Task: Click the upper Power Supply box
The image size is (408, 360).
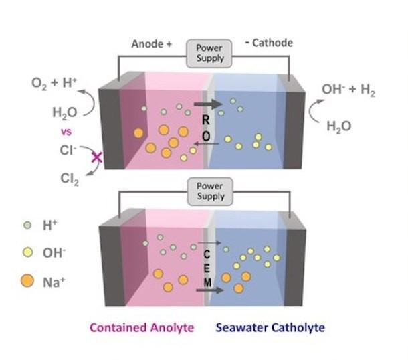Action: coord(209,53)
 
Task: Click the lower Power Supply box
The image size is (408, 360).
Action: coord(209,191)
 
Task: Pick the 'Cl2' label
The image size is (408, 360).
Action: coord(69,179)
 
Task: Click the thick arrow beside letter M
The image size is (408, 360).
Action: coord(209,290)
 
